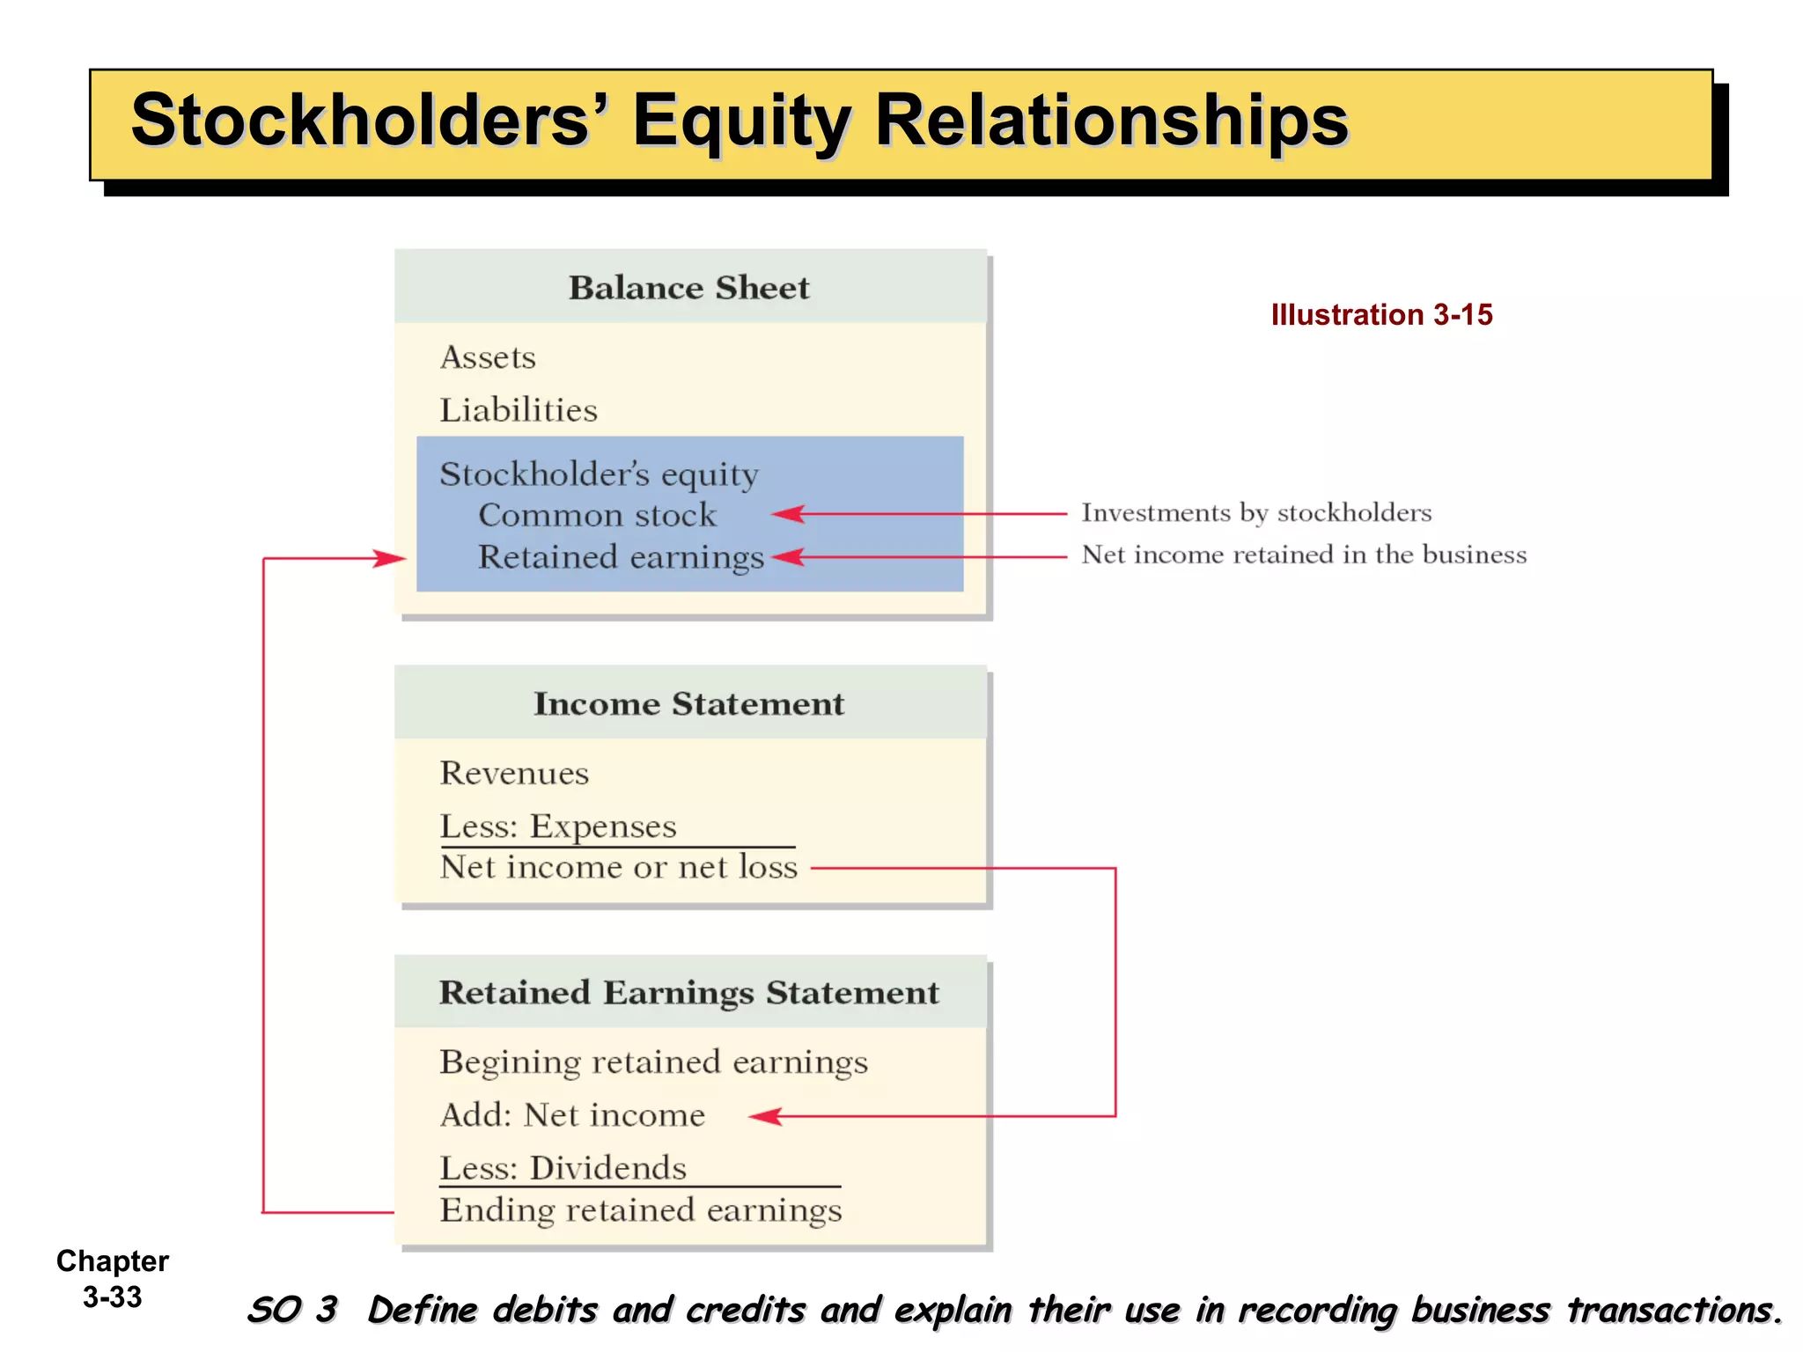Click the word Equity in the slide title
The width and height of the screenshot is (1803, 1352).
(x=741, y=121)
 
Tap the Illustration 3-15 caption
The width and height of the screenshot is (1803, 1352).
(x=1381, y=315)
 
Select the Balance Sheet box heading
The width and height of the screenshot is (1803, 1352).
(x=688, y=288)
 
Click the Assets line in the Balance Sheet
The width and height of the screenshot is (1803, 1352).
(x=488, y=357)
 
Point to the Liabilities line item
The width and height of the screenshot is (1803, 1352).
(x=519, y=410)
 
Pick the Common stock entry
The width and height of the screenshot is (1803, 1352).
(x=597, y=515)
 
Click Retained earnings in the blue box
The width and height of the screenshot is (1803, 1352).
(x=621, y=557)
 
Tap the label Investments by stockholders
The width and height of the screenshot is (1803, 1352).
(x=1256, y=512)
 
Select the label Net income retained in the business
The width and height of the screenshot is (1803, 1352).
(x=1304, y=555)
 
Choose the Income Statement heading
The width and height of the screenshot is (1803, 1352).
(x=688, y=704)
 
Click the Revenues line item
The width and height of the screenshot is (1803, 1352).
(x=514, y=773)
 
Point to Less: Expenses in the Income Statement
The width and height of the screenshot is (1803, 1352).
(x=558, y=827)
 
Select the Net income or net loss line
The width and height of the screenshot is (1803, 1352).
(x=619, y=868)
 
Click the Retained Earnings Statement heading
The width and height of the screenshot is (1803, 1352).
(x=688, y=993)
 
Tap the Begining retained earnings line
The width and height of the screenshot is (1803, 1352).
(x=653, y=1062)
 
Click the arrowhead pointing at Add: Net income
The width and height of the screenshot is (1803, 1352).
(x=766, y=1116)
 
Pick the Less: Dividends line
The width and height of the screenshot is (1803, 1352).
(x=563, y=1168)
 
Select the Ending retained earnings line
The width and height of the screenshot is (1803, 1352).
(x=641, y=1210)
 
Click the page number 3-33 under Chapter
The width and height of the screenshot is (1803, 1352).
(x=113, y=1297)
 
